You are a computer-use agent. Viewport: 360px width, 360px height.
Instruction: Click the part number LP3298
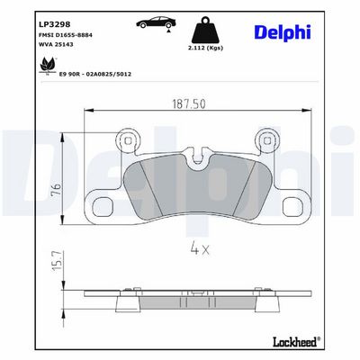(55, 24)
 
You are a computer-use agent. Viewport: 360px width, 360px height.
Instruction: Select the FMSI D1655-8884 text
(66, 35)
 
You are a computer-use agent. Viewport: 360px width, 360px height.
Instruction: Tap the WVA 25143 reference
(56, 44)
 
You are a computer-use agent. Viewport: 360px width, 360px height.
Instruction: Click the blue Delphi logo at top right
(283, 32)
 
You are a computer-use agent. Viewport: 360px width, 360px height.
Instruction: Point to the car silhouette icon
(156, 22)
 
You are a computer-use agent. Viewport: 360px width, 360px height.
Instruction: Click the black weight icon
(205, 31)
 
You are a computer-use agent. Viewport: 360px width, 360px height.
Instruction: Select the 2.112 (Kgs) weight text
(205, 48)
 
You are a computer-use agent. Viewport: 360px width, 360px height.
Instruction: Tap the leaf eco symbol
(48, 65)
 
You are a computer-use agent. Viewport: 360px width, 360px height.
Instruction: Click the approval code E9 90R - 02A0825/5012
(95, 74)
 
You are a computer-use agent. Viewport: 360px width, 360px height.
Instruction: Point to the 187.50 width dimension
(189, 103)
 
